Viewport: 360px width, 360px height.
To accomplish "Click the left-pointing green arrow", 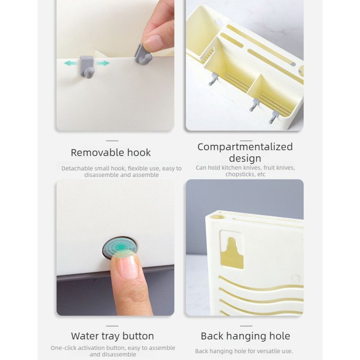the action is click(x=70, y=63).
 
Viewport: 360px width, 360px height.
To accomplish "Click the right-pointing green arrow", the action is click(x=103, y=63).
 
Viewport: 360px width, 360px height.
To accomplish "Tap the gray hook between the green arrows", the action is click(x=87, y=66).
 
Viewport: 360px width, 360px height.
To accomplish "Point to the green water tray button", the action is click(x=120, y=248).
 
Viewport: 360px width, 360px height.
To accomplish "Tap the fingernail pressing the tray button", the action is click(x=126, y=266).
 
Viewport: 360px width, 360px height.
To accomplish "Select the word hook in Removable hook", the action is click(x=139, y=153).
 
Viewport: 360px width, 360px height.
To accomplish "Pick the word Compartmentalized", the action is click(x=245, y=147).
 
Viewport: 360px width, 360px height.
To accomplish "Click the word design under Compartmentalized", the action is click(x=245, y=158).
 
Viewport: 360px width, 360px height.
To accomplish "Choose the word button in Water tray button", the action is click(x=138, y=336).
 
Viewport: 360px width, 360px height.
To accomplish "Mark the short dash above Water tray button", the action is click(x=112, y=326).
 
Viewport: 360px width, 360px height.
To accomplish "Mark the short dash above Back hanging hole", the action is click(x=246, y=326).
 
